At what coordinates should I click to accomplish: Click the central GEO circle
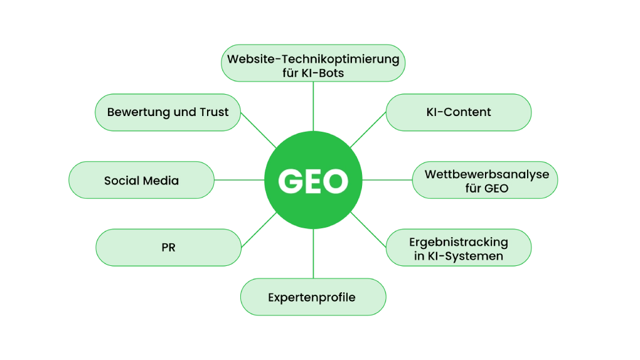(x=313, y=181)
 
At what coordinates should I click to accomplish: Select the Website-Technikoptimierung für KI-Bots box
(x=313, y=65)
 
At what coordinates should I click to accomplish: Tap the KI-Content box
(x=458, y=112)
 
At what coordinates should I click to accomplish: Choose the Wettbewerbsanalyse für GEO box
(x=486, y=181)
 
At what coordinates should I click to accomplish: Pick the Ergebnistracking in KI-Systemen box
(x=458, y=248)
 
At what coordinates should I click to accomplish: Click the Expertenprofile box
(x=312, y=297)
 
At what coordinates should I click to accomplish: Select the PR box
(x=168, y=248)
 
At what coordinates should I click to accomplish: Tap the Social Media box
(x=141, y=181)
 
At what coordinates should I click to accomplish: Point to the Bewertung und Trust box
(x=168, y=112)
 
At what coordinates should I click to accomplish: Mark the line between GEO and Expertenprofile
(x=313, y=253)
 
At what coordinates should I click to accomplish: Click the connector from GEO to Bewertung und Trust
(x=257, y=130)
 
